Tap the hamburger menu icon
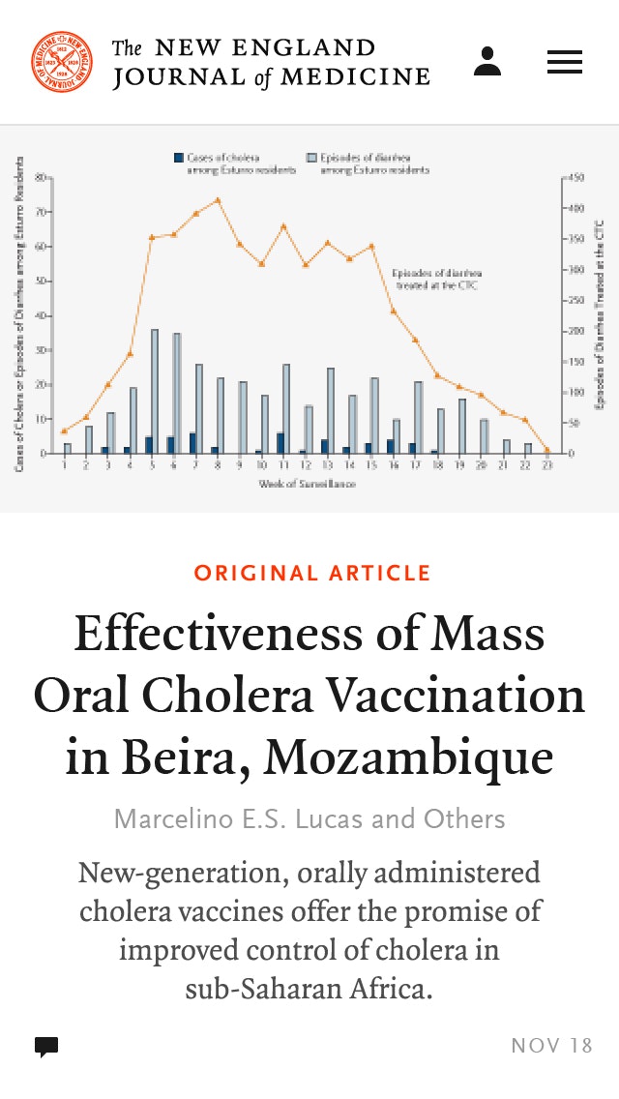(x=565, y=62)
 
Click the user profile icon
(x=487, y=62)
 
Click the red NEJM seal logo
(x=62, y=62)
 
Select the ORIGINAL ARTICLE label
(x=312, y=573)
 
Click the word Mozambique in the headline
(x=409, y=757)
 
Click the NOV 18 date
(x=551, y=1046)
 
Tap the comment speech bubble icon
(x=46, y=1046)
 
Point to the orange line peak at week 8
(x=218, y=200)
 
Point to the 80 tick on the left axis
(x=42, y=178)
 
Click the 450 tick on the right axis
(x=576, y=178)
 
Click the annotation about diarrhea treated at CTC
(x=436, y=279)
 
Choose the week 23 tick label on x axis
(x=546, y=465)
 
